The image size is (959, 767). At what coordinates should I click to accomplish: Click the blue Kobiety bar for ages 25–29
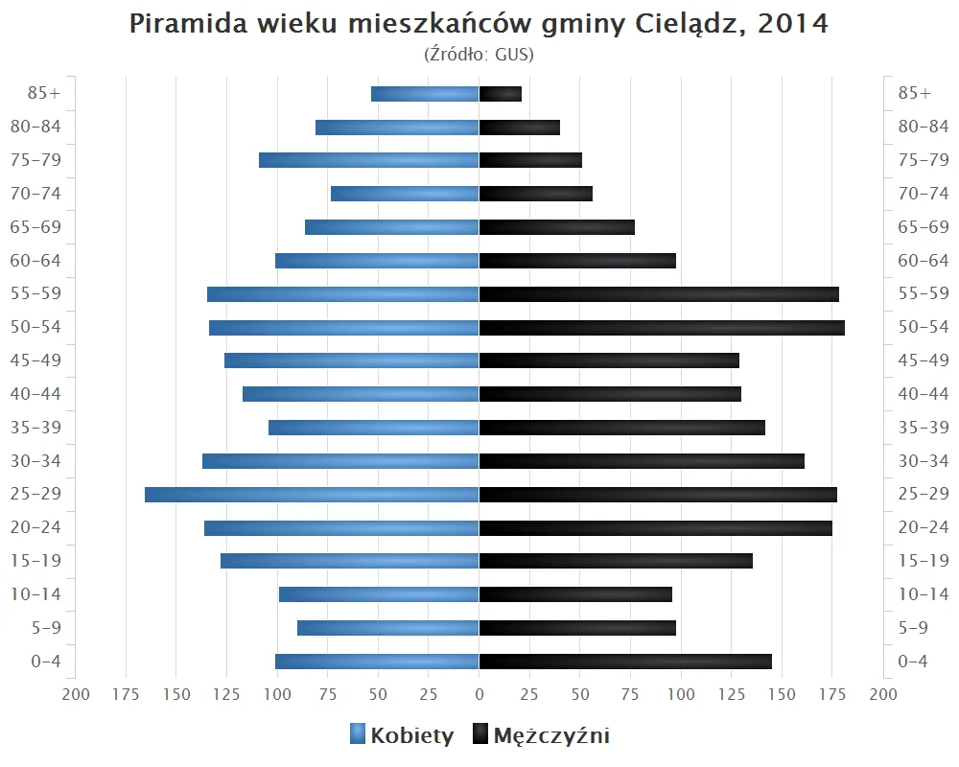[312, 495]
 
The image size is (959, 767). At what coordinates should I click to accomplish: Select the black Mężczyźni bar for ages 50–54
[662, 328]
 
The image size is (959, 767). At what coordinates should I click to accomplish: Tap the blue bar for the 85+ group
[425, 94]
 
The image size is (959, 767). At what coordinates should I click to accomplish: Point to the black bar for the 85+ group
[501, 94]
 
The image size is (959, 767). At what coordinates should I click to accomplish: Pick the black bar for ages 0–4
[625, 662]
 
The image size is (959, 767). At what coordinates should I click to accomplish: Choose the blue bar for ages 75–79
[369, 160]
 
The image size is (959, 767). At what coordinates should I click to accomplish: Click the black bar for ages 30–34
[642, 461]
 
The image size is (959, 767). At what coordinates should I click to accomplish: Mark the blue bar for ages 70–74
[405, 194]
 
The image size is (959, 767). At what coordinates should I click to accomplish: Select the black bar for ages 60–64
[577, 261]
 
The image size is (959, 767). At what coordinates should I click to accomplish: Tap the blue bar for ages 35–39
[374, 428]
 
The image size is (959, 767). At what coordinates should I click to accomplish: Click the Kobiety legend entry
[402, 735]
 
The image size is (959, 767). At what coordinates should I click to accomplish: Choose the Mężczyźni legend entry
[541, 735]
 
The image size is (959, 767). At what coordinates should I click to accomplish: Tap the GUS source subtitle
[479, 55]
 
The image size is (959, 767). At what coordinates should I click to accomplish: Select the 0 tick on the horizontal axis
[479, 693]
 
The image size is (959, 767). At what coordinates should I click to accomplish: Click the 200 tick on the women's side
[76, 693]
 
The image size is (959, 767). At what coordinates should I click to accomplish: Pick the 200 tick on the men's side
[882, 693]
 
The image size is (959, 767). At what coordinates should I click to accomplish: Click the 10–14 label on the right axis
[923, 594]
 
